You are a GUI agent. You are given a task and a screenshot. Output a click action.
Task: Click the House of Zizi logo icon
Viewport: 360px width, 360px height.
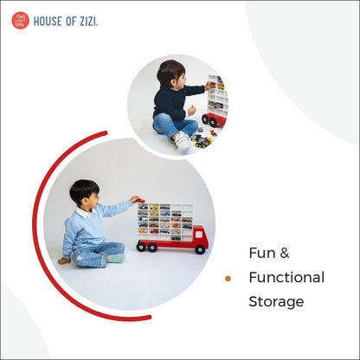pos(20,20)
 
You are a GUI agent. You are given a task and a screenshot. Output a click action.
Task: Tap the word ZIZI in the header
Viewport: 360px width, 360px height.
pos(87,21)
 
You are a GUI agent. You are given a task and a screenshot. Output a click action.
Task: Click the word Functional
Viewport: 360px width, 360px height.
pos(286,278)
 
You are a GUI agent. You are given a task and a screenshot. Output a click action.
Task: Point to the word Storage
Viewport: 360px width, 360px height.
pos(276,302)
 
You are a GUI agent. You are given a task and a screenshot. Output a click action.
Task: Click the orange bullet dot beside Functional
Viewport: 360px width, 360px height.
pos(228,279)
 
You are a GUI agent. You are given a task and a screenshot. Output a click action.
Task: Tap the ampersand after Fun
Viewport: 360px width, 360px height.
pos(284,254)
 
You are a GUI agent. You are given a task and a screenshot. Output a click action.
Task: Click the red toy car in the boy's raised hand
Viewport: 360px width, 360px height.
pos(136,200)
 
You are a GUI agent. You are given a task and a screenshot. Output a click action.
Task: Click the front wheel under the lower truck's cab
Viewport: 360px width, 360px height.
pos(200,248)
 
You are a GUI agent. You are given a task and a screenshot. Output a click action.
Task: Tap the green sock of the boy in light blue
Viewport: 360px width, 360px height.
pos(116,257)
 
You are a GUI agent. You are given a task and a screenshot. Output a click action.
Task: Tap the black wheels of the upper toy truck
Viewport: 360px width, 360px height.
pos(210,120)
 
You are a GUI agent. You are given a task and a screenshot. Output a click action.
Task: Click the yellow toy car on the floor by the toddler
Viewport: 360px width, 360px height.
pos(203,143)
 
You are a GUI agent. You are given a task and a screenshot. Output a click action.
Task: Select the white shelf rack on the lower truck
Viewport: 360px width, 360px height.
pos(164,220)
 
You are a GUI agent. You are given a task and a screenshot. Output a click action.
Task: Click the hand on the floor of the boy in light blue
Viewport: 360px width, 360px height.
pos(64,260)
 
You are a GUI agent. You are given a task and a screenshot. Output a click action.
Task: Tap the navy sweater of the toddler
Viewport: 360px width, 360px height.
pos(170,101)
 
